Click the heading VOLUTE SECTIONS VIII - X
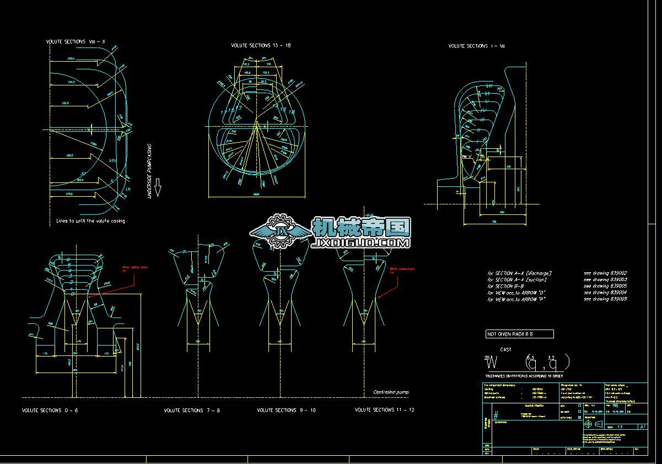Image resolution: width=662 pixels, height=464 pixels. pyautogui.click(x=76, y=42)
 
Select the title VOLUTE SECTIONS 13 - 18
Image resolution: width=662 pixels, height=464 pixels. pyautogui.click(x=261, y=45)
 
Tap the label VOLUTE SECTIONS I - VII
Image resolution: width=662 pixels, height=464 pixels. pyautogui.click(x=476, y=46)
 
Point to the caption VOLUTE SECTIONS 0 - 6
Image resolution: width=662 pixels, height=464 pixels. pyautogui.click(x=50, y=411)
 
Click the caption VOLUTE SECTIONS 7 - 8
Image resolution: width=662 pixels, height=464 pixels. pyautogui.click(x=192, y=411)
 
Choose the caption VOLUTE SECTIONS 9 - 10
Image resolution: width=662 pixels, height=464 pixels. pyautogui.click(x=286, y=411)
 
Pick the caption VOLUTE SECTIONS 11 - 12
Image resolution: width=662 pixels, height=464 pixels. pyautogui.click(x=384, y=410)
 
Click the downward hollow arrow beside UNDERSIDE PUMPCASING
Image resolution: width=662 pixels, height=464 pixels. pyautogui.click(x=157, y=187)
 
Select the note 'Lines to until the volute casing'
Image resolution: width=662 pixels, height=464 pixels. pyautogui.click(x=90, y=221)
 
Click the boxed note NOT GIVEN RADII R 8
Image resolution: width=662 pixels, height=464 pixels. pyautogui.click(x=519, y=334)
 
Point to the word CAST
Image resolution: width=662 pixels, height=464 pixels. pyautogui.click(x=505, y=349)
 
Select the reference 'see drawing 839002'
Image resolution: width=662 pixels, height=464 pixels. pyautogui.click(x=605, y=273)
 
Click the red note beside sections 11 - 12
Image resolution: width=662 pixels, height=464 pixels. pyautogui.click(x=402, y=271)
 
